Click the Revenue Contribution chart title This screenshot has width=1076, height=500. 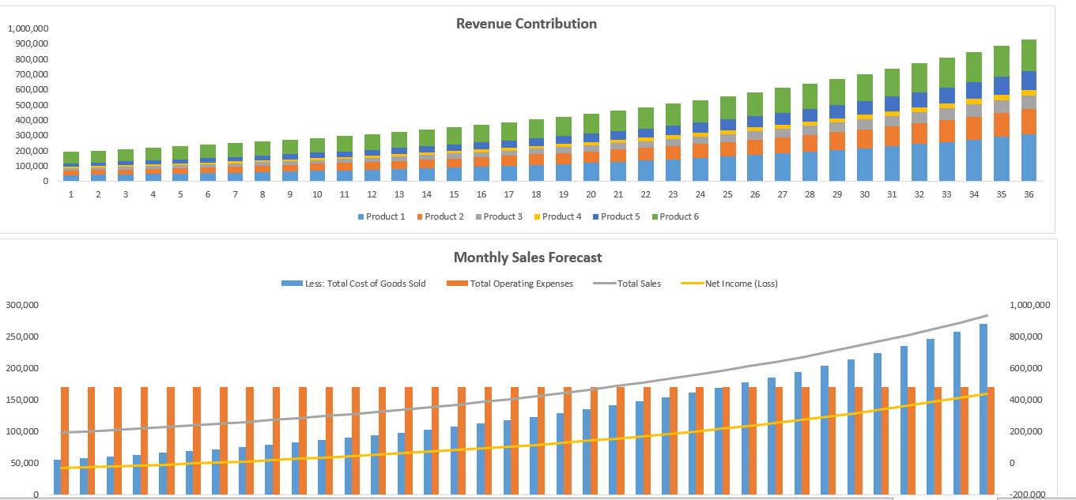pyautogui.click(x=526, y=24)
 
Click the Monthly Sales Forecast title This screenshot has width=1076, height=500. pyautogui.click(x=527, y=258)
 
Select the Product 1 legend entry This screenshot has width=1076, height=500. pyautogui.click(x=386, y=216)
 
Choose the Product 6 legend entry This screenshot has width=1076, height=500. pyautogui.click(x=679, y=216)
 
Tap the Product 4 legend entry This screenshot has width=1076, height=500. pyautogui.click(x=561, y=216)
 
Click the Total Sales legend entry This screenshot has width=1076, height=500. pyautogui.click(x=639, y=284)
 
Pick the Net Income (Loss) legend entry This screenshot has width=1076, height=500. pyautogui.click(x=741, y=284)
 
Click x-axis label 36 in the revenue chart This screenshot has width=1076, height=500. pyautogui.click(x=1029, y=194)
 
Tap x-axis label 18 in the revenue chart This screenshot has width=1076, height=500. pyautogui.click(x=537, y=194)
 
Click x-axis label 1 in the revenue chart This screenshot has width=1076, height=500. pyautogui.click(x=71, y=194)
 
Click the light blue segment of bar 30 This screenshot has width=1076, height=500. pyautogui.click(x=865, y=164)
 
